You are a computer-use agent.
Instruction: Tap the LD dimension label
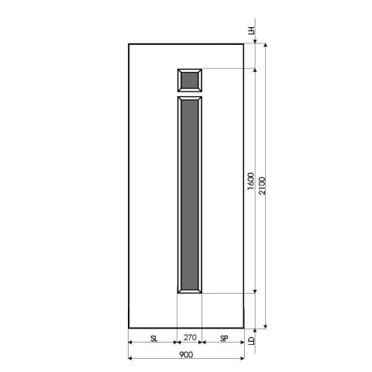(251, 339)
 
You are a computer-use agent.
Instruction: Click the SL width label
(153, 339)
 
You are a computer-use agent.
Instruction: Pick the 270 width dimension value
(190, 339)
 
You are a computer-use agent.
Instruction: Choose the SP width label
(224, 339)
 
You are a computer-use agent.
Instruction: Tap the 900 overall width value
(186, 354)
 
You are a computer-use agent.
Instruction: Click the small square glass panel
(190, 79)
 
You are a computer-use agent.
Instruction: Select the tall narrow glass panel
(190, 195)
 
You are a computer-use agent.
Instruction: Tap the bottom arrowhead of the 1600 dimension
(255, 292)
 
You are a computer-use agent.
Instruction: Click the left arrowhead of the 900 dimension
(129, 358)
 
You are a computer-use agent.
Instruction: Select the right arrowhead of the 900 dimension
(243, 358)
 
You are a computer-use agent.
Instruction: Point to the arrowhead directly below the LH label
(251, 43)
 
